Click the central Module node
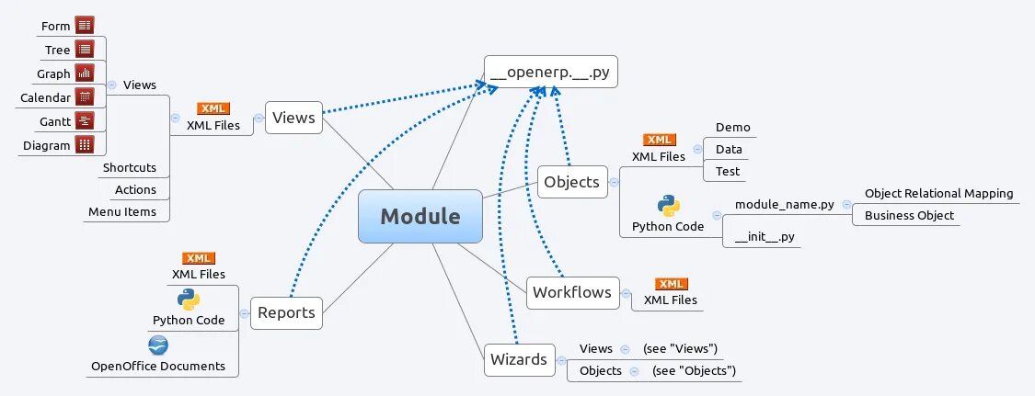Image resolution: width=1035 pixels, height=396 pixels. pos(420,217)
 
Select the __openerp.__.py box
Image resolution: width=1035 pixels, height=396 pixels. pos(551,71)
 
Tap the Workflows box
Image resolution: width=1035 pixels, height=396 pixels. pos(572,292)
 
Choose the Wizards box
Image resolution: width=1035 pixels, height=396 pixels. pos(519,359)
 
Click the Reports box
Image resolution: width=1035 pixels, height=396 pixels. pos(286,312)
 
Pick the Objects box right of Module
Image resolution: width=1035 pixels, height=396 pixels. pos(571,182)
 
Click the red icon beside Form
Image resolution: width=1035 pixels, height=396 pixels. pos(85,26)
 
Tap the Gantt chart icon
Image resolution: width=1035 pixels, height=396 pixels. pos(85,120)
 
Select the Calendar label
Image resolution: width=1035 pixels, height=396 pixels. pos(45,97)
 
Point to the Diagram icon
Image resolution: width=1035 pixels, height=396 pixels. pos(85,144)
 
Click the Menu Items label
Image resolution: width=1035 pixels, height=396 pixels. pos(122,212)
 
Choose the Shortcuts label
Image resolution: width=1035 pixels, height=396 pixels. pos(129,168)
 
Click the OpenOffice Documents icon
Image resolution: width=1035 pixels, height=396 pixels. pos(158,345)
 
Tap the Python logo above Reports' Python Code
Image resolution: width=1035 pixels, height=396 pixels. pos(189,300)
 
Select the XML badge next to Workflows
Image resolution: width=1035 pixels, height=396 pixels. pos(671,284)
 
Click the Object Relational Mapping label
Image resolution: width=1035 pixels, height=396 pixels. pos(938,194)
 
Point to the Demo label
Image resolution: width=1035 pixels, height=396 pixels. pos(732,128)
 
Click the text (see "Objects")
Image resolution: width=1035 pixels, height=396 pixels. pos(694,371)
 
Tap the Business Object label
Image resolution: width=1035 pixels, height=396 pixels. pos(909,216)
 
